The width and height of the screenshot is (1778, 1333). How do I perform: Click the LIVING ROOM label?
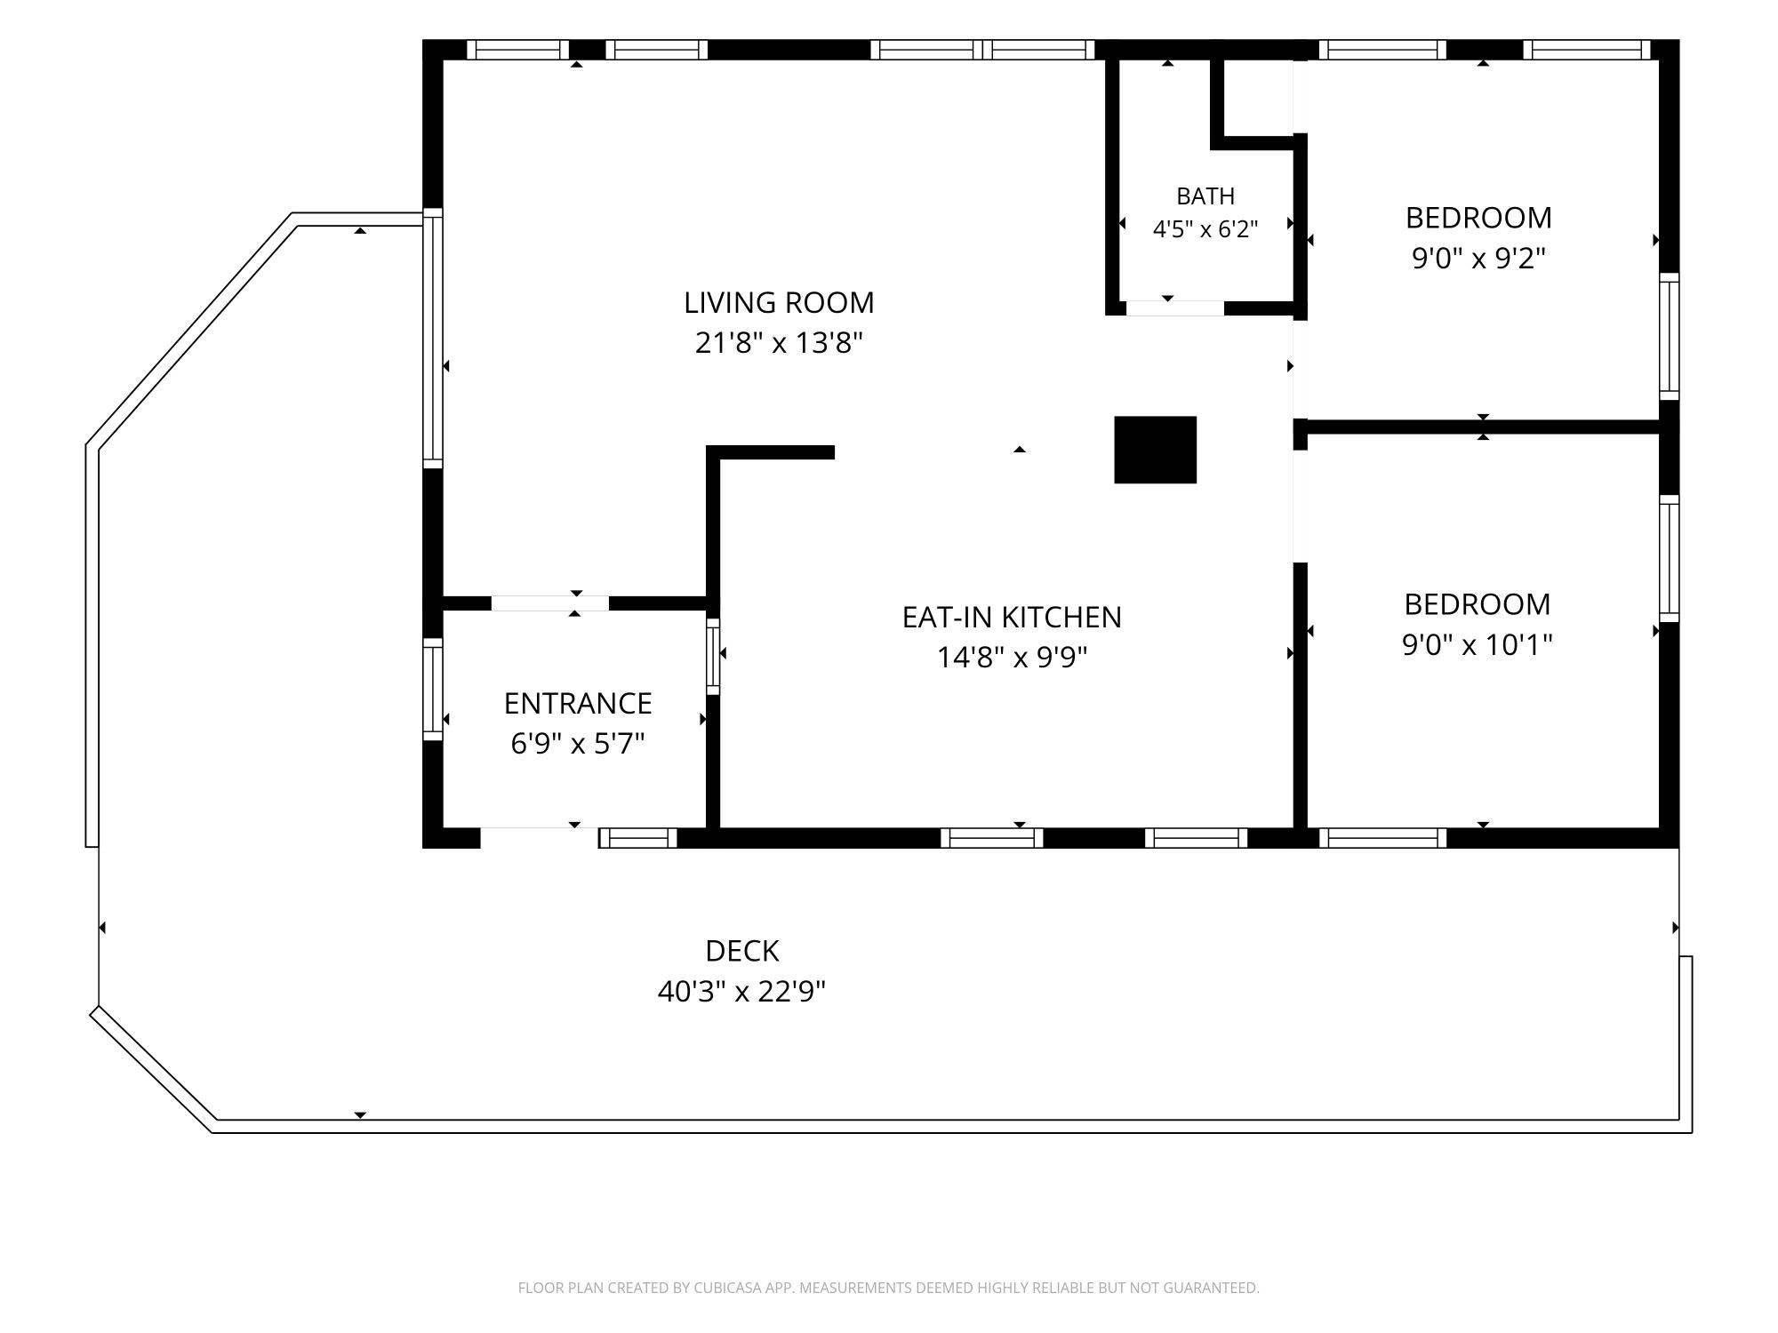click(x=779, y=303)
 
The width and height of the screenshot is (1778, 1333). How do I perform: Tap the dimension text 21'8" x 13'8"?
click(x=779, y=342)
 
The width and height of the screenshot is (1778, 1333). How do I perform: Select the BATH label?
click(x=1205, y=196)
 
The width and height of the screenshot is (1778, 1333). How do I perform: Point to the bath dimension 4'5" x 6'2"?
click(x=1205, y=229)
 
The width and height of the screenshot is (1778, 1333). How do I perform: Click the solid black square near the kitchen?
click(x=1155, y=450)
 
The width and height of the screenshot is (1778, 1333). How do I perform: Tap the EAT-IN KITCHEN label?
click(x=1012, y=617)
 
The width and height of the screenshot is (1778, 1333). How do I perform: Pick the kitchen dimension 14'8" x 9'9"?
click(x=1012, y=658)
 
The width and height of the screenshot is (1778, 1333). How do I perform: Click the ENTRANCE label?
click(x=578, y=704)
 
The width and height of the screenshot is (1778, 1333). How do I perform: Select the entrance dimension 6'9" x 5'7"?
click(x=578, y=743)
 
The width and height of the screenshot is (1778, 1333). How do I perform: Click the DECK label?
click(x=742, y=951)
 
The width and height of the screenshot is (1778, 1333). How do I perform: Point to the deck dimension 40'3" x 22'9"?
click(x=742, y=991)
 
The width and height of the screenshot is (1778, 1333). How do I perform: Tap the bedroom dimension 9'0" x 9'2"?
click(x=1478, y=258)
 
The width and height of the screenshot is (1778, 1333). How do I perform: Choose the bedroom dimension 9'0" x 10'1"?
click(x=1478, y=644)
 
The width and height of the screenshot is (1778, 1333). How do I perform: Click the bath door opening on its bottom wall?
click(x=1175, y=308)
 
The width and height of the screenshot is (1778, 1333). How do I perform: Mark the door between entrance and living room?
click(x=550, y=603)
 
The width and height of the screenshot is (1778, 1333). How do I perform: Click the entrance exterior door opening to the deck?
click(x=540, y=838)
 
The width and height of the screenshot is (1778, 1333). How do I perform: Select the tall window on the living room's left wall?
click(x=432, y=338)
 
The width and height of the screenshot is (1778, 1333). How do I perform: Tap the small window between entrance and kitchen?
click(x=713, y=657)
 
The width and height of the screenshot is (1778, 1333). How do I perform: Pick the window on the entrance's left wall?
click(x=432, y=689)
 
